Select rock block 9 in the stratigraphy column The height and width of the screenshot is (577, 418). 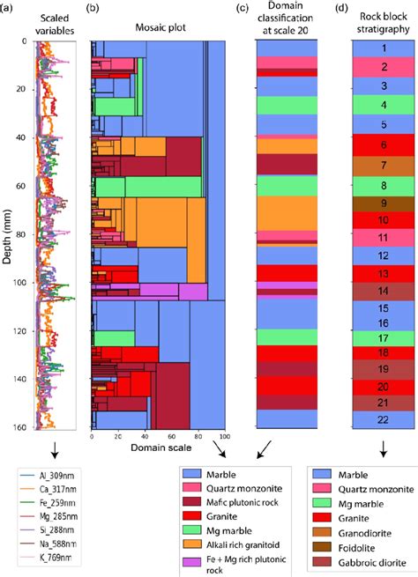[x=384, y=203]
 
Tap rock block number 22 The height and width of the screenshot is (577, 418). [x=384, y=419]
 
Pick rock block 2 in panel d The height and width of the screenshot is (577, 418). [x=384, y=67]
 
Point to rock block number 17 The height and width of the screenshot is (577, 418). [x=384, y=337]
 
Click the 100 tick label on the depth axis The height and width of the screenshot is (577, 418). [x=21, y=284]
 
